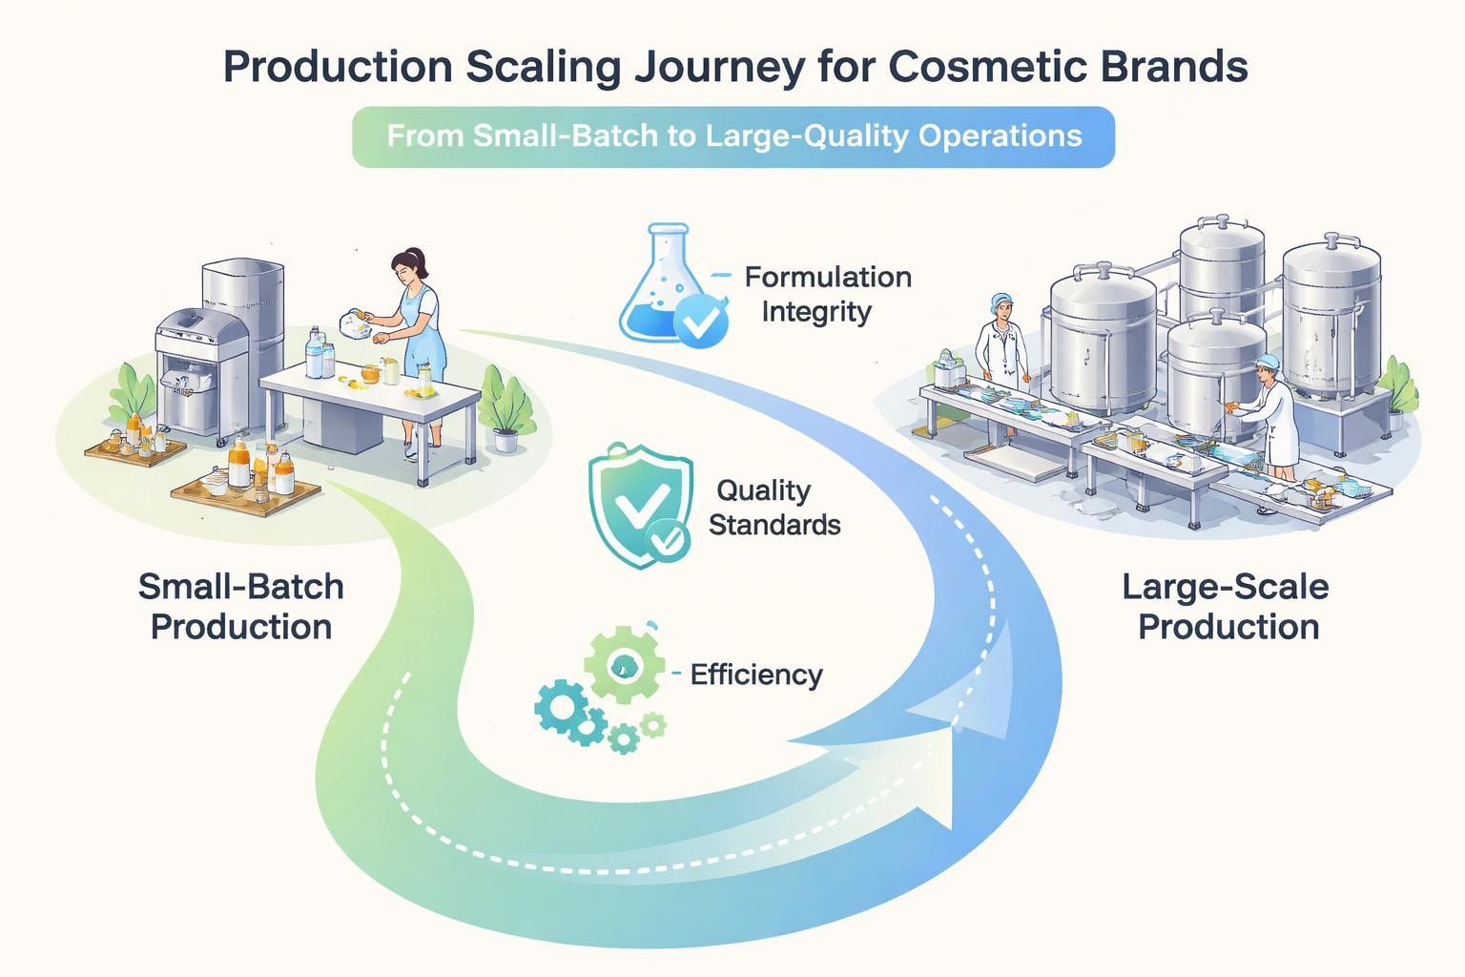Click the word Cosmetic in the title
[x=991, y=67]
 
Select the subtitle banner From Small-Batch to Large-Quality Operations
[x=732, y=136]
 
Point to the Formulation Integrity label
[x=826, y=294]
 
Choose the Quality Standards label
[x=774, y=508]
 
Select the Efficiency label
[x=755, y=675]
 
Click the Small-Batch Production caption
[x=241, y=606]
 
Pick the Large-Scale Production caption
[x=1227, y=606]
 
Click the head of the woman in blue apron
[x=409, y=267]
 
